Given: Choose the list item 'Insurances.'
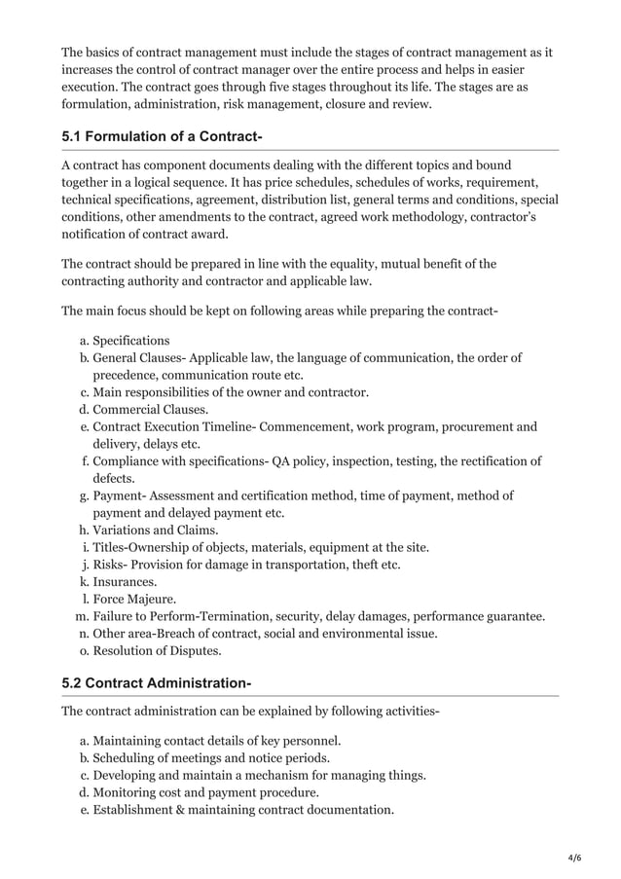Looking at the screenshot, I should pos(125,581).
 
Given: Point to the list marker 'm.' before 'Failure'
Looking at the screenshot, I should pos(81,616).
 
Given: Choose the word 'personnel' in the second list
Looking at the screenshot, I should pos(310,741).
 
